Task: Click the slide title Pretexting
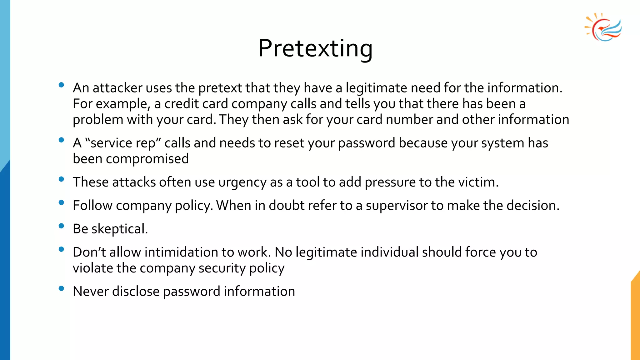315,48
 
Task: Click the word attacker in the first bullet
117,88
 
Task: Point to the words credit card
196,104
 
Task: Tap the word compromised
147,159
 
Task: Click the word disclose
136,292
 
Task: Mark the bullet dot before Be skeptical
61,226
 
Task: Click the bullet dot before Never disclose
61,288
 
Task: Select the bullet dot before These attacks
61,179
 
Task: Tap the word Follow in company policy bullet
92,206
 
